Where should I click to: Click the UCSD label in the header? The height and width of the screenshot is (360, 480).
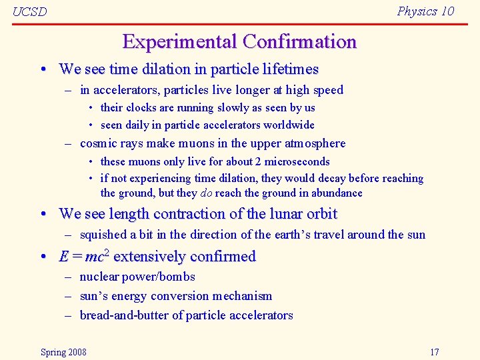[x=29, y=12]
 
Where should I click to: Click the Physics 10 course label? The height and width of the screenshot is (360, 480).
[x=425, y=11]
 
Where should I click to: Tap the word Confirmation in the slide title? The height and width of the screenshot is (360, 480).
[x=299, y=42]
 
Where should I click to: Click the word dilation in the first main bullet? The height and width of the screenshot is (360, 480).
[x=165, y=69]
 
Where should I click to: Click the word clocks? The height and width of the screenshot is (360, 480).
[x=139, y=107]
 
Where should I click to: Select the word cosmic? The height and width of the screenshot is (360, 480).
[x=98, y=143]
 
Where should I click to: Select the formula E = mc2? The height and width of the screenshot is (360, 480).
[x=84, y=257]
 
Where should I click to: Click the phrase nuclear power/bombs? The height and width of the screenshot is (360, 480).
[x=137, y=277]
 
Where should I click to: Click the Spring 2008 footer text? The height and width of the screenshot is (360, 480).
[x=63, y=352]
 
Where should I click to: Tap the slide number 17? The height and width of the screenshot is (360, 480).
[x=435, y=352]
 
